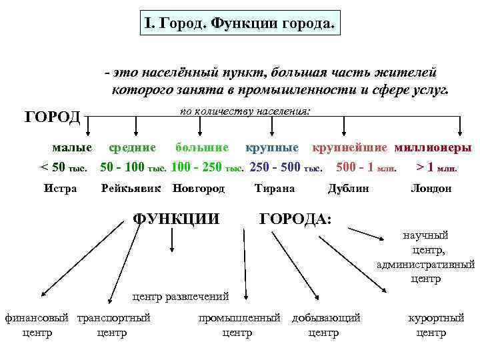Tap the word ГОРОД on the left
53,117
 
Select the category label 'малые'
73,147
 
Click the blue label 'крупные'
275,147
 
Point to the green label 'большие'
201,147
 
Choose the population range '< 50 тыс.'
64,166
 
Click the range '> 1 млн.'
437,166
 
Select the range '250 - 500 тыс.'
286,166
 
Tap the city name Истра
60,189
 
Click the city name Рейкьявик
131,189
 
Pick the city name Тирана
274,189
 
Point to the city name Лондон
431,189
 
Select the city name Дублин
348,189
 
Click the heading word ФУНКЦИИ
177,219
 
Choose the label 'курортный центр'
436,325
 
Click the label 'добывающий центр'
326,325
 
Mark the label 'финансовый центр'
37,325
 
